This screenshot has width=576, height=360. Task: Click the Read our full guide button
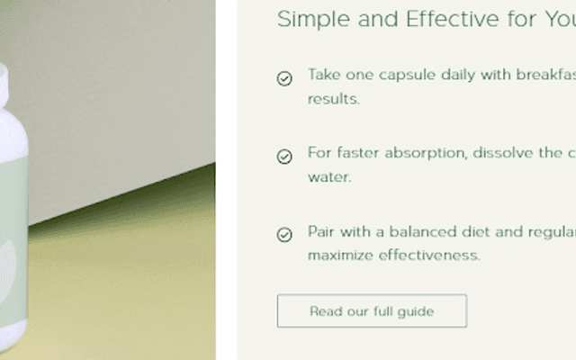click(372, 311)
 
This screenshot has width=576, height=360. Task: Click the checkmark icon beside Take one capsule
click(284, 78)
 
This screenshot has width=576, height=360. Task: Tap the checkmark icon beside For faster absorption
click(284, 157)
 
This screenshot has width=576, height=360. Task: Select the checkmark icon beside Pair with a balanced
click(284, 235)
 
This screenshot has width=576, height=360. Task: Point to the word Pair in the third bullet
click(321, 231)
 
